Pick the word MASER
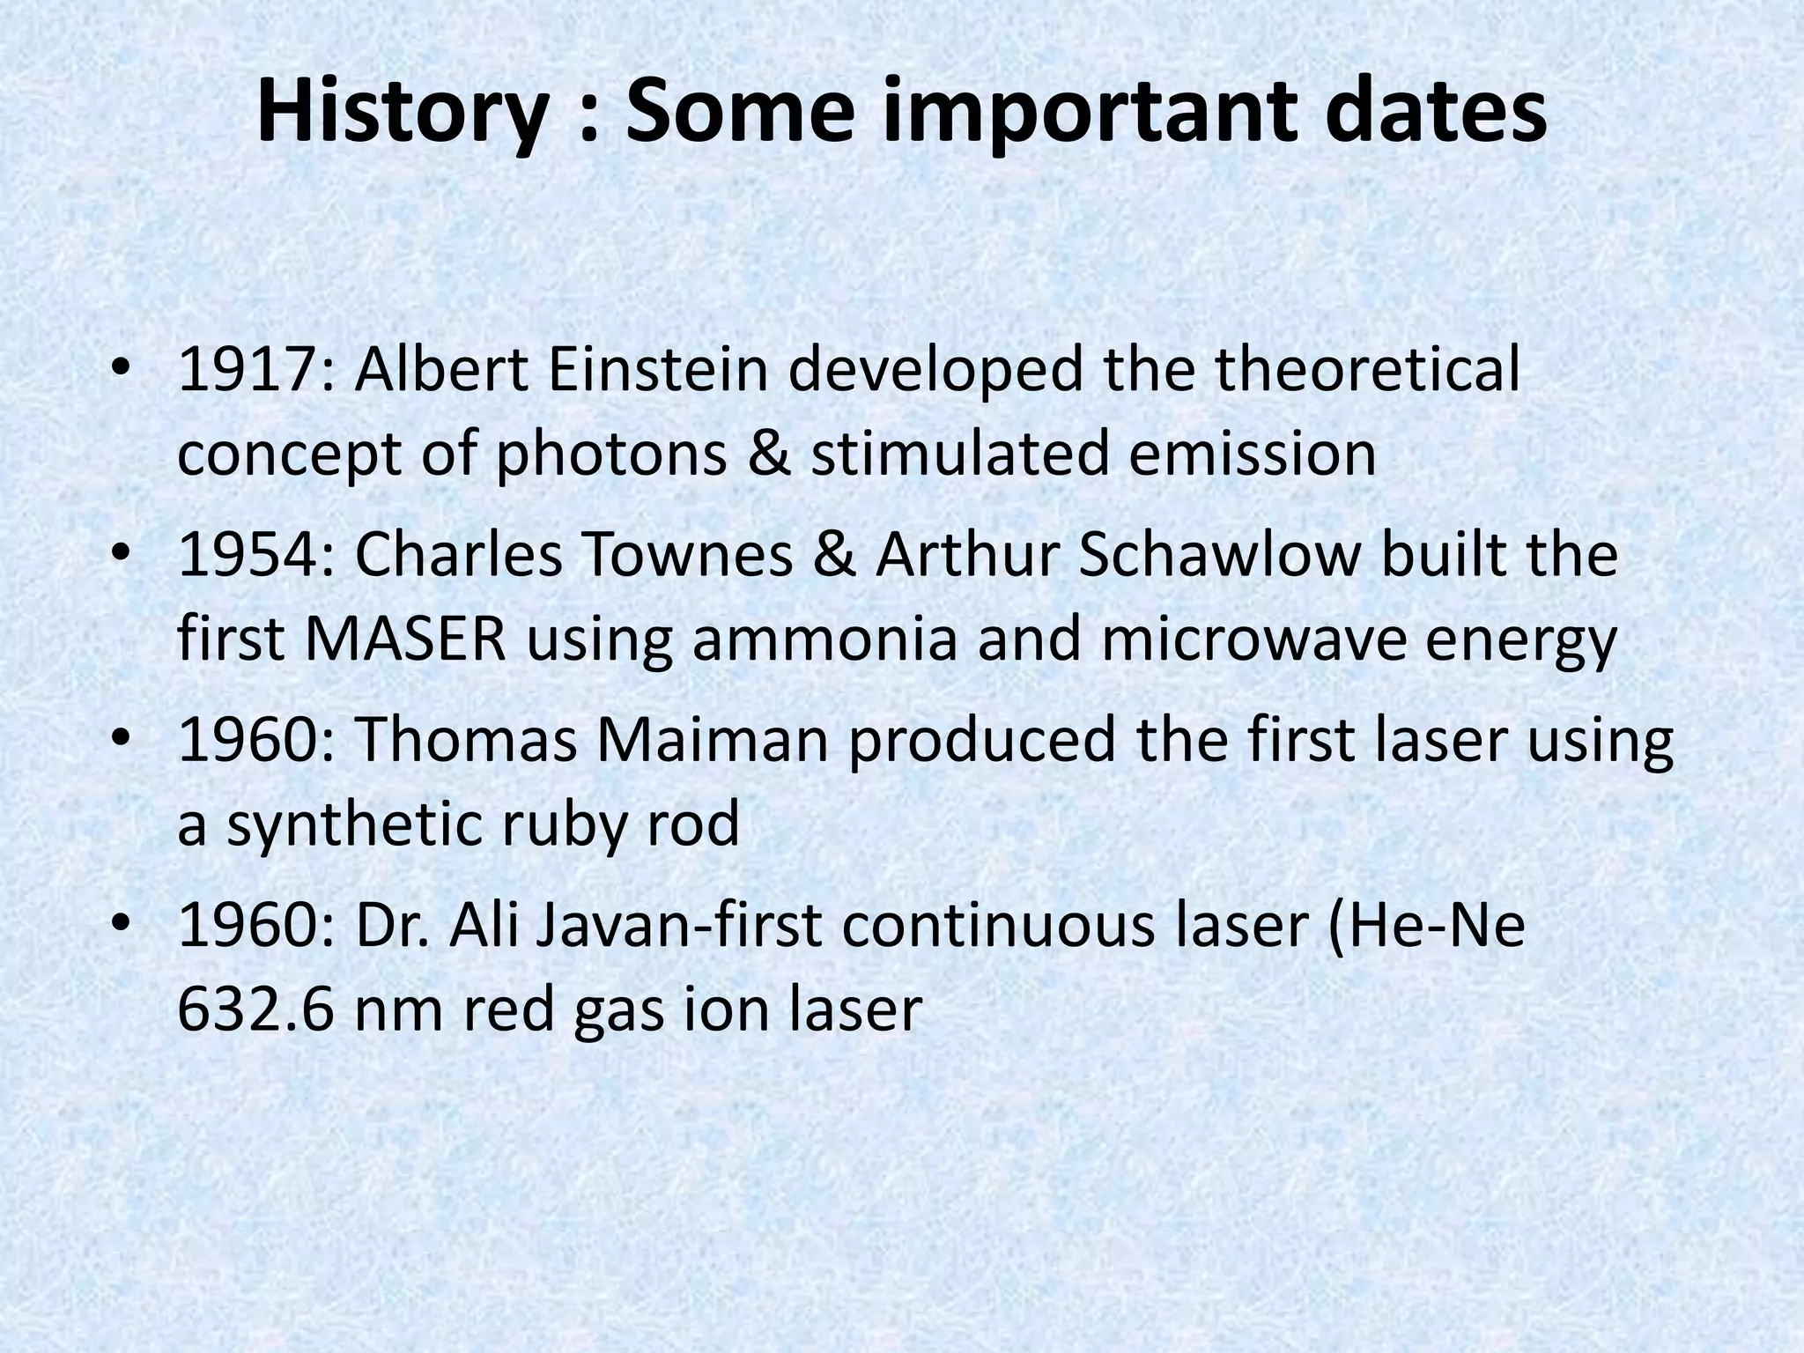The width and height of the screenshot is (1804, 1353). coord(406,640)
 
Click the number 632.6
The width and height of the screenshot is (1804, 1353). coord(255,1011)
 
